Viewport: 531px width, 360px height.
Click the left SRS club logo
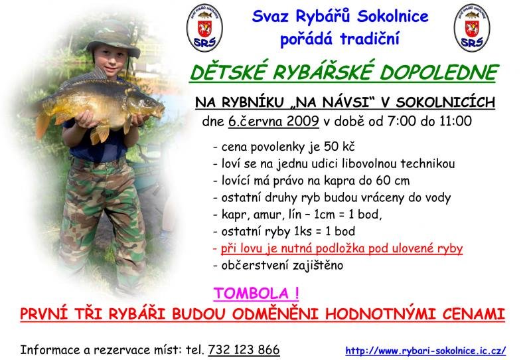coord(204,28)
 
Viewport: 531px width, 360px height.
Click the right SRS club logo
coord(472,28)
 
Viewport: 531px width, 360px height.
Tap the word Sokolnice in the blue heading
coord(393,16)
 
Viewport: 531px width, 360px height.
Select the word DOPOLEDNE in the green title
coord(439,72)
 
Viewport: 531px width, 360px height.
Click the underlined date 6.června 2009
coord(273,121)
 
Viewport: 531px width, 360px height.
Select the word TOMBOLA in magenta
coord(252,294)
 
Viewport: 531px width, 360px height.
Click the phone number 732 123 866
coord(244,350)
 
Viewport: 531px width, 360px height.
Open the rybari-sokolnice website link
coord(425,351)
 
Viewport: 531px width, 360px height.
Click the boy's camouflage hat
coord(114,39)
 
